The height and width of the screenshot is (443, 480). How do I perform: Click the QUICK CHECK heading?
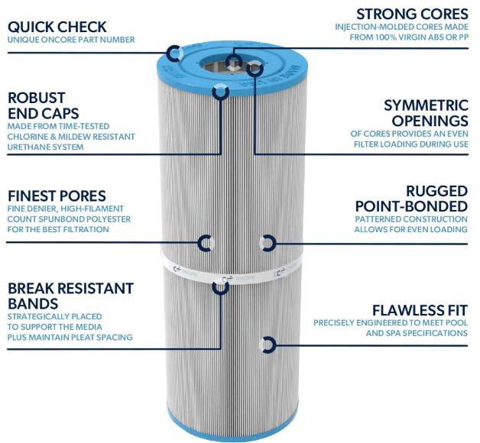click(x=57, y=27)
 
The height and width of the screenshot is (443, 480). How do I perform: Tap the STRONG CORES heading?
click(x=412, y=14)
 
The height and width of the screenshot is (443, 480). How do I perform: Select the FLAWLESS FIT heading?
click(x=420, y=310)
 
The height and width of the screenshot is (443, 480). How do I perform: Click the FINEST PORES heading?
click(x=57, y=196)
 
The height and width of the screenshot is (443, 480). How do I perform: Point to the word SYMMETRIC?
click(x=426, y=105)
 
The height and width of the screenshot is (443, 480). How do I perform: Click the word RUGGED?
click(x=437, y=191)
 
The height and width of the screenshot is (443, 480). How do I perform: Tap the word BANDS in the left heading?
click(x=33, y=304)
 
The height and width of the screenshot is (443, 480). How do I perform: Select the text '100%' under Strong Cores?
click(x=386, y=37)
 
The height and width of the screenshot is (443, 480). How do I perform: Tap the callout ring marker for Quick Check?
click(x=174, y=53)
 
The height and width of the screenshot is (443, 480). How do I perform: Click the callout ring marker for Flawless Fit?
click(x=268, y=345)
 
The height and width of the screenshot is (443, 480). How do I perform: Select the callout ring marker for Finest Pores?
click(x=205, y=243)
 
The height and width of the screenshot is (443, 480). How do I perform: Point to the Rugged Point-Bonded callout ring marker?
click(x=268, y=243)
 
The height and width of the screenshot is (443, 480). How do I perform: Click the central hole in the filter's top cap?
click(x=231, y=63)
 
